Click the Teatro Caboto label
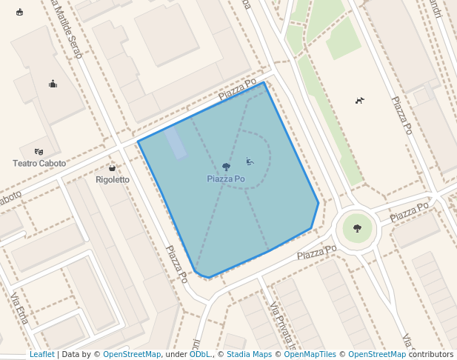pyautogui.click(x=39, y=163)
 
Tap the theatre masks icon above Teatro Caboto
pyautogui.click(x=39, y=152)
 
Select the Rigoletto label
pyautogui.click(x=113, y=179)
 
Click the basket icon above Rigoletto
pyautogui.click(x=112, y=169)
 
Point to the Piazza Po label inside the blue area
pyautogui.click(x=226, y=179)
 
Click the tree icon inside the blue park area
pyautogui.click(x=226, y=167)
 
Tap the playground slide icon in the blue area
pyautogui.click(x=250, y=161)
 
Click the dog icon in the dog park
pyautogui.click(x=360, y=100)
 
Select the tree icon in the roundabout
pyautogui.click(x=358, y=228)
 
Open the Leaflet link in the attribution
pyautogui.click(x=41, y=355)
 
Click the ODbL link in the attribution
pyautogui.click(x=199, y=355)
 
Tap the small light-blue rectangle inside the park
pyautogui.click(x=176, y=142)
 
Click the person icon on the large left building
pyautogui.click(x=53, y=84)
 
